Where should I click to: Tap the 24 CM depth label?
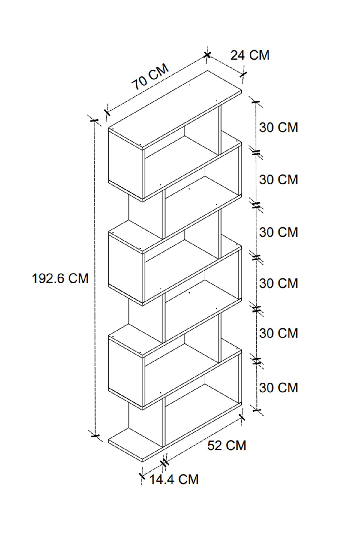pos(250,55)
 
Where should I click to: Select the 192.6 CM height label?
pos(60,278)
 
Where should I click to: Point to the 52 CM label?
pos(226,445)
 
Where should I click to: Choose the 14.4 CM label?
pos(174,479)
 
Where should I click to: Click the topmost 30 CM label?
pos(278,127)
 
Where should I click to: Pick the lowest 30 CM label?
pos(278,388)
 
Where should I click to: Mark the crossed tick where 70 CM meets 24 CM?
pos(207,55)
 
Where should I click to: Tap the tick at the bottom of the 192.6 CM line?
pos(95,435)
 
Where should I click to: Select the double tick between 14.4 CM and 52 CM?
pos(165,463)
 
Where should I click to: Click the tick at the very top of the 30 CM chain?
pos(256,102)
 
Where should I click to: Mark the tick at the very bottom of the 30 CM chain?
pos(256,410)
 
